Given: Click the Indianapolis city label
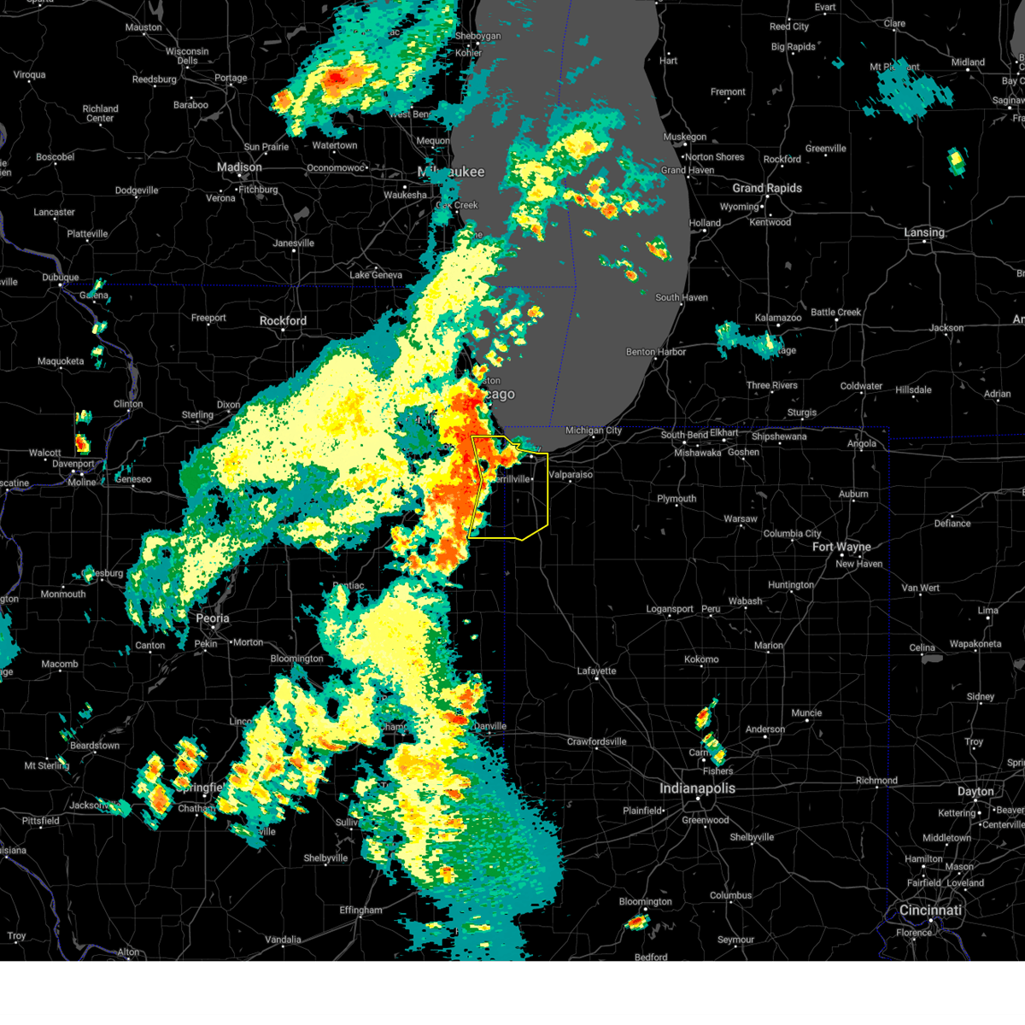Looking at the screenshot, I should (697, 788).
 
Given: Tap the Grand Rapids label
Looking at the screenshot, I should (767, 188).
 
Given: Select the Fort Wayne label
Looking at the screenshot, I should (841, 547).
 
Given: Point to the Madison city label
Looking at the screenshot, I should (239, 167).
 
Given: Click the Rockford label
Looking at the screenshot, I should (283, 321).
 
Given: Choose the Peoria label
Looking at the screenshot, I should (213, 618).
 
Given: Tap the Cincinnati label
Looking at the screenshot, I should (930, 911).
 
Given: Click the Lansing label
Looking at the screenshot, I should (924, 232).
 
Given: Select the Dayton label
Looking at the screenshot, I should (975, 792).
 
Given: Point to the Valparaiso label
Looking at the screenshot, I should (571, 475).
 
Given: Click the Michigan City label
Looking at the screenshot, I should (594, 430).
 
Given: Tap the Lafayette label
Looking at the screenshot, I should (596, 671).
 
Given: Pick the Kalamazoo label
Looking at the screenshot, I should (778, 318).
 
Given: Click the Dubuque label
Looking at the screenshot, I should (61, 278).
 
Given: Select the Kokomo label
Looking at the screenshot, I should (701, 659).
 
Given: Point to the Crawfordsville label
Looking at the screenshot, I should (596, 741).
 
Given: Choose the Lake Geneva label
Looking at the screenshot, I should (376, 275).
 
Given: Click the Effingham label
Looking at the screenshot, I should (360, 911).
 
